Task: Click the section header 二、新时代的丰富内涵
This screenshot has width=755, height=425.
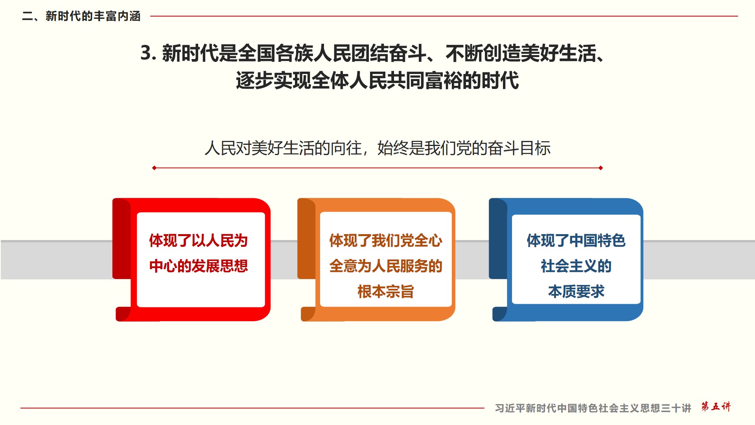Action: click(x=81, y=16)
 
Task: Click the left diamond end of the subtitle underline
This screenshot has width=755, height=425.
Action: click(x=154, y=168)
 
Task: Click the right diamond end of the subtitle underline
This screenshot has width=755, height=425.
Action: click(x=600, y=168)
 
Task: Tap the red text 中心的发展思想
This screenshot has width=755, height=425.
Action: click(x=199, y=266)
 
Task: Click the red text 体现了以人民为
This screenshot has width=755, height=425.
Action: click(x=199, y=240)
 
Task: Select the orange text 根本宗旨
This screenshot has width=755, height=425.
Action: click(x=386, y=292)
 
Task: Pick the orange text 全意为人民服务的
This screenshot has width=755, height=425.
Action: click(x=386, y=266)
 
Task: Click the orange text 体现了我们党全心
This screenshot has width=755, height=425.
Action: click(x=386, y=240)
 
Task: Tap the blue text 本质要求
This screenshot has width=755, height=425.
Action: click(x=576, y=292)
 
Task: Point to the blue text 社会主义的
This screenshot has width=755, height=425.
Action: click(x=576, y=266)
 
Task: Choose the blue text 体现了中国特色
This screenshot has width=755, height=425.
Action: click(x=576, y=240)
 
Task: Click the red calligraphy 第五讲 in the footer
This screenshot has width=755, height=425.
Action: click(x=716, y=407)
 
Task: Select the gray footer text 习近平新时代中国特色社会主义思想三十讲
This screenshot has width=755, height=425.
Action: click(x=593, y=408)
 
